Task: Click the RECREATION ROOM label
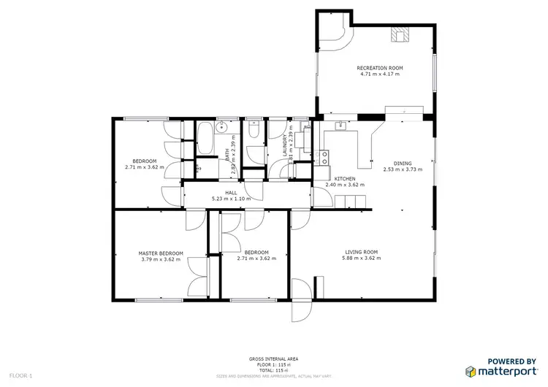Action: tap(379, 68)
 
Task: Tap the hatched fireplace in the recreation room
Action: tap(400, 34)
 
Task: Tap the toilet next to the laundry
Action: tap(254, 129)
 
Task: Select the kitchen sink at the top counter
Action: tap(340, 127)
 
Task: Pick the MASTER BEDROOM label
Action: tap(161, 253)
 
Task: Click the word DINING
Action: tap(403, 164)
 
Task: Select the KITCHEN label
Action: tap(345, 179)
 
